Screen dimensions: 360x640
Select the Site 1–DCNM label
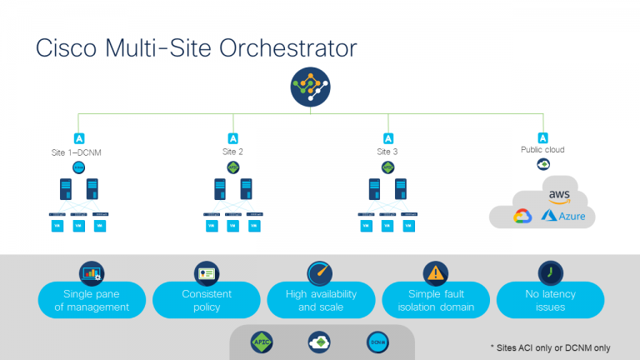click(x=78, y=153)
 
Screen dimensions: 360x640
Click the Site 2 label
click(x=232, y=152)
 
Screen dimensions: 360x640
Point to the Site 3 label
click(x=387, y=152)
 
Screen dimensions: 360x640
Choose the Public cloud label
click(x=542, y=152)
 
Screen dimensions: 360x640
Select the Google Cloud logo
click(x=522, y=217)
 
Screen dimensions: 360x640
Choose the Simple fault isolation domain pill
click(x=435, y=300)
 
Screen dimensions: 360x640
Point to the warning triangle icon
click(x=435, y=272)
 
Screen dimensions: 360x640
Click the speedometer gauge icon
click(x=320, y=272)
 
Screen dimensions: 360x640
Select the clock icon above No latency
click(x=549, y=272)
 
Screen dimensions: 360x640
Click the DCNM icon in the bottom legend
click(x=377, y=342)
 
